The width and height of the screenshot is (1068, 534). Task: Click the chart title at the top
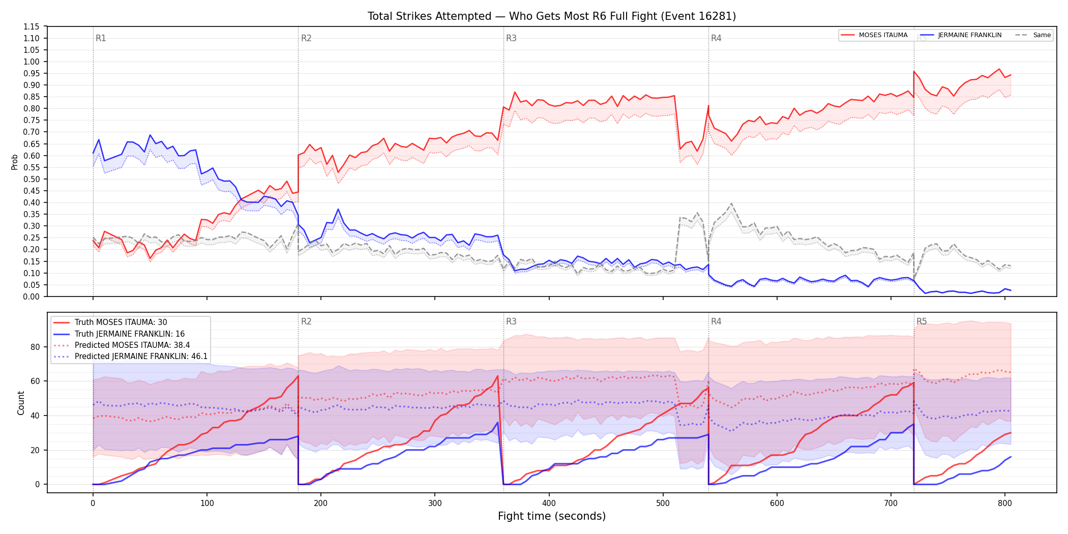pyautogui.click(x=552, y=16)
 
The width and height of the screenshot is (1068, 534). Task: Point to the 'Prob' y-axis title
pyautogui.click(x=15, y=162)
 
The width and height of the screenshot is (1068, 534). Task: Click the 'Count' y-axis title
pyautogui.click(x=21, y=403)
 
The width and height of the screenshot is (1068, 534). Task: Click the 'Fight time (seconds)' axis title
pyautogui.click(x=552, y=516)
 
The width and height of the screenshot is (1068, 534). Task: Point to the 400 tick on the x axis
pyautogui.click(x=549, y=503)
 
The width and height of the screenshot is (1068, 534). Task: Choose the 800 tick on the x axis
pyautogui.click(x=1004, y=503)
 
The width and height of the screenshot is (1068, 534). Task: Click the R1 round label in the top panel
pyautogui.click(x=101, y=38)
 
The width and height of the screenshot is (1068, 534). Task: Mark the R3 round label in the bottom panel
pyautogui.click(x=511, y=321)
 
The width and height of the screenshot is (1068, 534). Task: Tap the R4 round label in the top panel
pyautogui.click(x=716, y=38)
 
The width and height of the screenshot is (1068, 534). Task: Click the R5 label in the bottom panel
pyautogui.click(x=922, y=321)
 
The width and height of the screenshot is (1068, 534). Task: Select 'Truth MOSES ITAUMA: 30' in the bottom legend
pyautogui.click(x=121, y=322)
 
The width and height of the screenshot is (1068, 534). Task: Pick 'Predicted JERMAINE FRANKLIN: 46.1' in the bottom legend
pyautogui.click(x=141, y=357)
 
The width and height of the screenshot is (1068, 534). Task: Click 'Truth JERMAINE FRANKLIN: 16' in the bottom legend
pyautogui.click(x=130, y=334)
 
